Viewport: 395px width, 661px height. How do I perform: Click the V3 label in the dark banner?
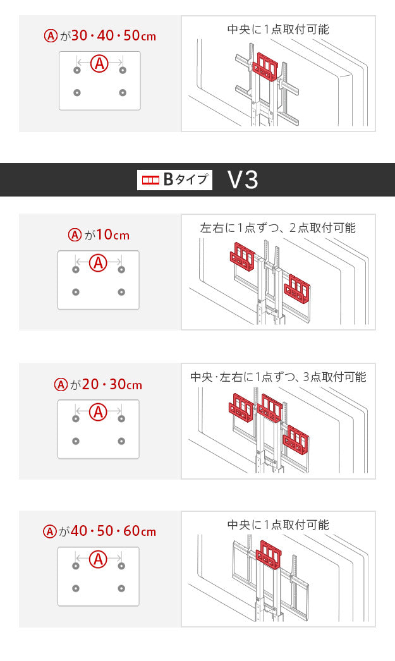click(243, 180)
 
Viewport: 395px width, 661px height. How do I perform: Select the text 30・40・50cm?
click(114, 35)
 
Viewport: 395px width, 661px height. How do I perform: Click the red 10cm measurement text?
click(112, 235)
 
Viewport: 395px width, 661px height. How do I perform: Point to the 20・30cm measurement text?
click(112, 384)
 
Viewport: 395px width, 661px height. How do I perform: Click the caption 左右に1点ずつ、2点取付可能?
click(278, 227)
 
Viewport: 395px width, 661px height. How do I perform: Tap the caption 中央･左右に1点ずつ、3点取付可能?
click(278, 377)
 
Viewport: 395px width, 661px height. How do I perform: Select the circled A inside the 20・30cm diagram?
click(99, 412)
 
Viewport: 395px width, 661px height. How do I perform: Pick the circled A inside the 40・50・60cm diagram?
click(99, 559)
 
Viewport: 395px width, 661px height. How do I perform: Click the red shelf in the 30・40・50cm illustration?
click(265, 68)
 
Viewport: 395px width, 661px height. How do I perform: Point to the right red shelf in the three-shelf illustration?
click(296, 439)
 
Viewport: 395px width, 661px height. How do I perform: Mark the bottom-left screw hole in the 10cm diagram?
click(76, 292)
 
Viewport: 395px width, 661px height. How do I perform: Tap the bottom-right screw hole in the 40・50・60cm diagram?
click(121, 588)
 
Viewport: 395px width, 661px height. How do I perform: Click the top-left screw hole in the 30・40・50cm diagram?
click(77, 70)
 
